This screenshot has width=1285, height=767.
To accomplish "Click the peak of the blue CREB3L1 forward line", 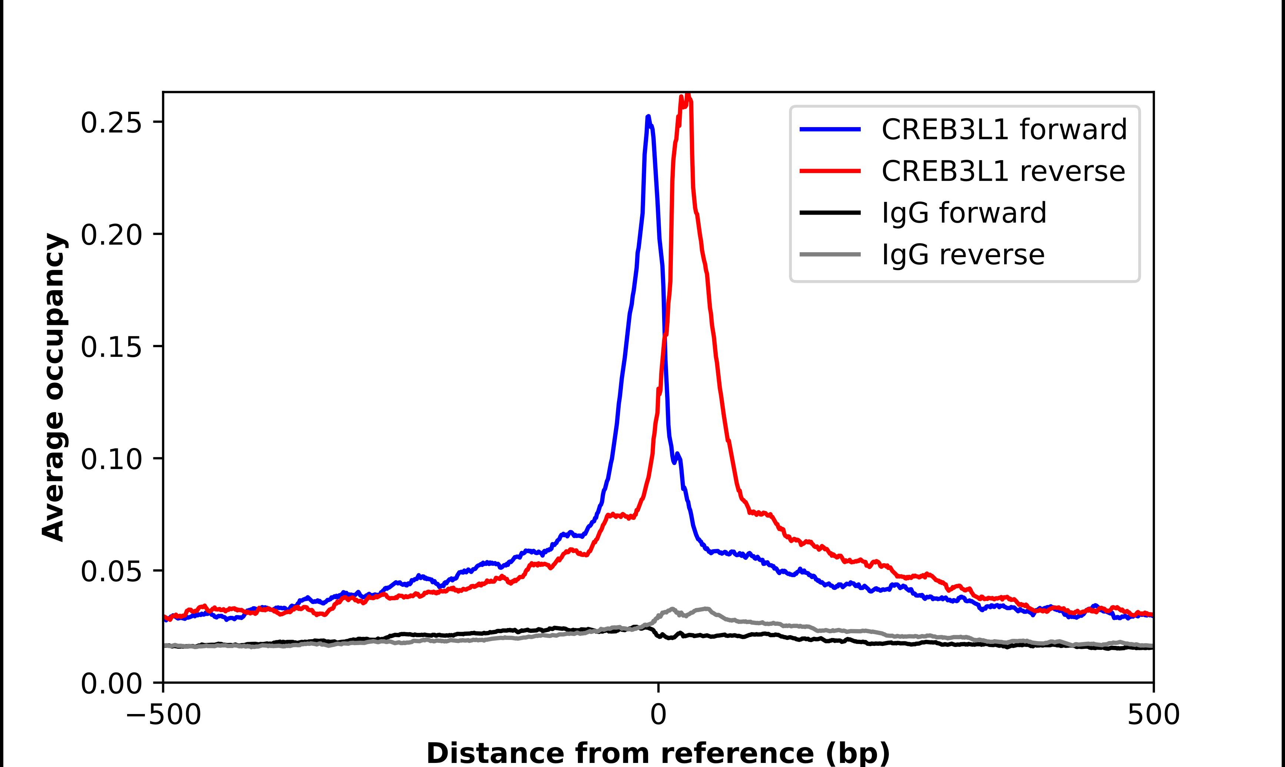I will [x=648, y=117].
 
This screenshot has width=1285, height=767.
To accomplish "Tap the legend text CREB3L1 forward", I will [x=1004, y=129].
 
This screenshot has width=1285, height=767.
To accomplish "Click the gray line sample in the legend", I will [x=830, y=254].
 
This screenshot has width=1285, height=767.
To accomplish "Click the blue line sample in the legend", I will [x=830, y=129].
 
